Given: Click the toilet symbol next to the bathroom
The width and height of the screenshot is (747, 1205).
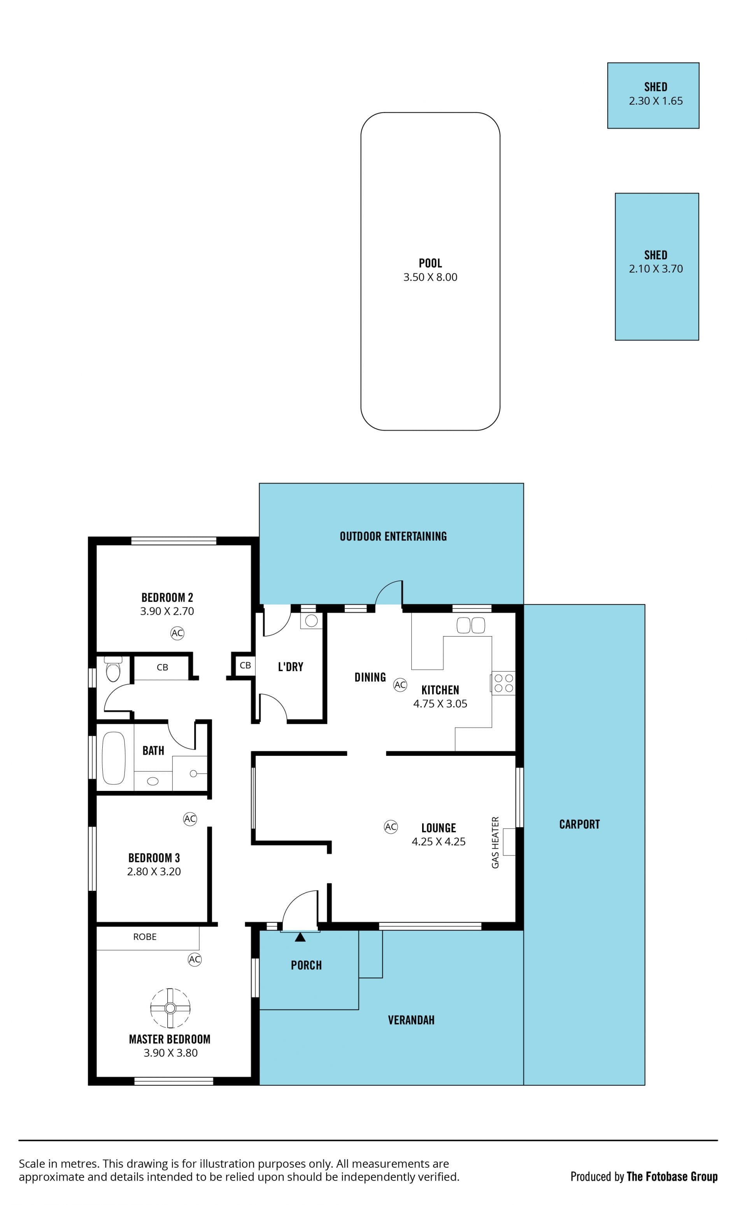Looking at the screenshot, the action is click(113, 669).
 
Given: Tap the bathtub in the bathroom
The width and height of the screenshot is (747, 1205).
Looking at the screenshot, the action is click(114, 758).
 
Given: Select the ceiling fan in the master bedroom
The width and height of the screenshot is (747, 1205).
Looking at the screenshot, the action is click(170, 1008).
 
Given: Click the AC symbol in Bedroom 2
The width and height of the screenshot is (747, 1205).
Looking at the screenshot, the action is click(177, 633).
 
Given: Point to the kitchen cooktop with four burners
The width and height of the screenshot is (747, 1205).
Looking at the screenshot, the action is click(503, 683).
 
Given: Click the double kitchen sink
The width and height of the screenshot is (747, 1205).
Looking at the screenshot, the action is click(471, 626).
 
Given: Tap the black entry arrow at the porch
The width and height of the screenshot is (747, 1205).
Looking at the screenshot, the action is click(300, 937).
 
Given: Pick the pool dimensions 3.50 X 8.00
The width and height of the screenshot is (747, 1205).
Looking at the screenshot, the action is click(430, 277).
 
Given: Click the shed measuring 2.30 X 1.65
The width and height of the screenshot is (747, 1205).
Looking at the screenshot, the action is click(653, 95).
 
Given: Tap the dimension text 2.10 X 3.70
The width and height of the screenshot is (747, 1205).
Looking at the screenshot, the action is click(656, 269).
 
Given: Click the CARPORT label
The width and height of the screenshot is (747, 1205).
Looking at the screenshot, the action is click(580, 824).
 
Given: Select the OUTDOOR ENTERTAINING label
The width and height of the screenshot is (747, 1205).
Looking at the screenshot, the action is click(393, 536).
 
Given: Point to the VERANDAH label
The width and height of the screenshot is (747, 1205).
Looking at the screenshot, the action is click(411, 1020).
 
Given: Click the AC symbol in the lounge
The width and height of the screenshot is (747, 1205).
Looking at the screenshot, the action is click(391, 827).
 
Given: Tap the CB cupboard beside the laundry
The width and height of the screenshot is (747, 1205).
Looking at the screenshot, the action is click(245, 665).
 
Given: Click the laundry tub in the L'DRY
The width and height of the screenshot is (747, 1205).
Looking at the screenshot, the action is click(311, 621).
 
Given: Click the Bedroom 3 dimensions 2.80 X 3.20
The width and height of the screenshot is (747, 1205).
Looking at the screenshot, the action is click(154, 871).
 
